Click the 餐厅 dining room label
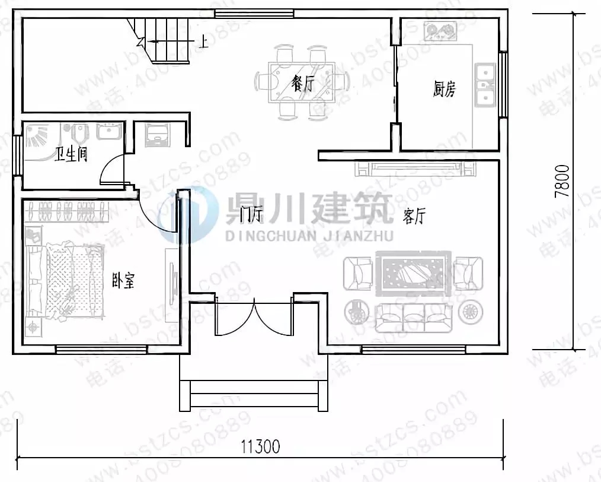(x=302, y=83)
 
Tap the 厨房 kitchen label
(x=445, y=90)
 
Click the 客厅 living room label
(x=414, y=217)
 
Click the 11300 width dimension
(x=260, y=445)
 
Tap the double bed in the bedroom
(x=65, y=279)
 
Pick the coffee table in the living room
(x=413, y=274)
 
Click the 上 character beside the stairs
(x=203, y=42)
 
